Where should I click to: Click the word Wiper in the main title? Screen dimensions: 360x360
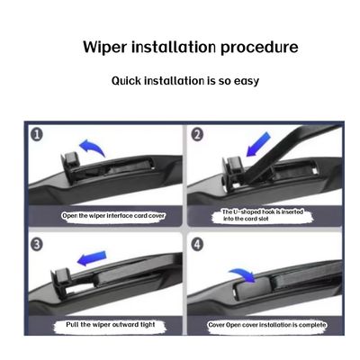click(104, 48)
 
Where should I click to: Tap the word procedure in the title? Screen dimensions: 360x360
click(259, 48)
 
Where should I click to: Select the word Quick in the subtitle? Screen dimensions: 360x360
click(126, 81)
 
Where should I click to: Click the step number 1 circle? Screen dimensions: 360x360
click(37, 135)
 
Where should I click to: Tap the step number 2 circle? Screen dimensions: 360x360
click(197, 134)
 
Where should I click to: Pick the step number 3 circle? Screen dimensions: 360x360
click(37, 244)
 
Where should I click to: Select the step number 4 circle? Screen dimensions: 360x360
click(197, 244)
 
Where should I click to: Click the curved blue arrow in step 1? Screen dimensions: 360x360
click(92, 145)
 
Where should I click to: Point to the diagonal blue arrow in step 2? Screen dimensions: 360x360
click(258, 145)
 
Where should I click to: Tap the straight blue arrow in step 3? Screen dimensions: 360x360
click(92, 258)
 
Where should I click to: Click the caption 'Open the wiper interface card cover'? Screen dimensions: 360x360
click(113, 216)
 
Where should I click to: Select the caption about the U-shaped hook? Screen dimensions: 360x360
click(263, 215)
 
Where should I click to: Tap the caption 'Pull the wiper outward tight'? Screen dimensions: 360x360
click(111, 325)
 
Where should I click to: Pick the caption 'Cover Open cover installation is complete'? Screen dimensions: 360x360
click(267, 325)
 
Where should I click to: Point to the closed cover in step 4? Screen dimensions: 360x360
click(251, 289)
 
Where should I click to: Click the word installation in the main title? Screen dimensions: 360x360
click(174, 48)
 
